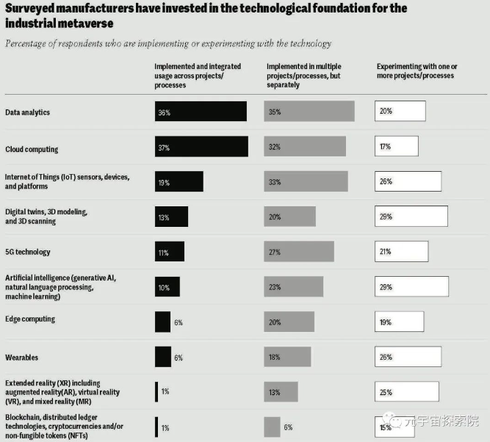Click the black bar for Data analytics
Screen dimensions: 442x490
(x=201, y=112)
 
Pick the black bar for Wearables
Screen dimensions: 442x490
(x=162, y=357)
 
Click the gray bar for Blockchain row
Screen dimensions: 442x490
(x=272, y=427)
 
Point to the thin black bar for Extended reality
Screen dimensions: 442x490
(x=156, y=391)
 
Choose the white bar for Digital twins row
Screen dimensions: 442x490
(x=411, y=217)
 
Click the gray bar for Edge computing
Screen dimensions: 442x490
(x=289, y=322)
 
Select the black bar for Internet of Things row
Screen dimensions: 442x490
(x=179, y=181)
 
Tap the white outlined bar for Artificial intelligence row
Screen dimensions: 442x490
(x=411, y=286)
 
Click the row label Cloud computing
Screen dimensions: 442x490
(x=32, y=150)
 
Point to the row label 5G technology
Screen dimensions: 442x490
(x=28, y=252)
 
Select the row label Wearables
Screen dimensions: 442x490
(x=22, y=358)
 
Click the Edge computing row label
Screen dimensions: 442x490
(x=30, y=319)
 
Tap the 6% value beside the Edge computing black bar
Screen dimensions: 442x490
(x=178, y=322)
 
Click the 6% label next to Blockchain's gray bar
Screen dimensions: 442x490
(x=289, y=427)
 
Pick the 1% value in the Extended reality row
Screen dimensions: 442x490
(x=165, y=391)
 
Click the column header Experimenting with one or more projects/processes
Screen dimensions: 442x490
(x=414, y=70)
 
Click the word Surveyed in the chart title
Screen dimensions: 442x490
(x=34, y=9)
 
